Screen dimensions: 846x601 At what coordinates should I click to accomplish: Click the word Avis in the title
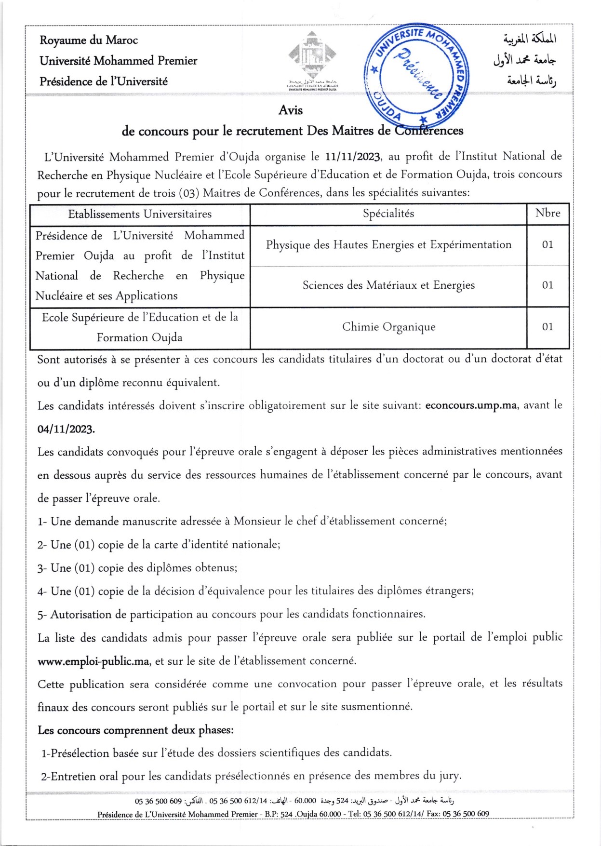(x=291, y=110)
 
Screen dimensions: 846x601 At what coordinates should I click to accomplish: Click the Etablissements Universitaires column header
(x=140, y=214)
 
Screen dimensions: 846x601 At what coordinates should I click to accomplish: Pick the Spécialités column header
(x=388, y=214)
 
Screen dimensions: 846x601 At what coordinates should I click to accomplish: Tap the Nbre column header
(x=548, y=213)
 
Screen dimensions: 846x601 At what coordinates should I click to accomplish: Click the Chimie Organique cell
(x=388, y=327)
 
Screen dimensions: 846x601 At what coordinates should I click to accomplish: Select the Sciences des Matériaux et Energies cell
(x=388, y=285)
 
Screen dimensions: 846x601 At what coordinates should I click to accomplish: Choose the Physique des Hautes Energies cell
(x=388, y=245)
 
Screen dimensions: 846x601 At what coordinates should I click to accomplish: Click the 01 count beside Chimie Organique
(x=548, y=327)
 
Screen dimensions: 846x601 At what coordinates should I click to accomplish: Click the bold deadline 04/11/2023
(x=66, y=429)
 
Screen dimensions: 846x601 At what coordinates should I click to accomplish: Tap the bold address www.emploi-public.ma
(x=93, y=661)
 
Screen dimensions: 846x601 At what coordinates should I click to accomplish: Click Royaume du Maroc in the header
(x=89, y=40)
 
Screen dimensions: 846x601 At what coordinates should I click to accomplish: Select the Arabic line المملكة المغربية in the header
(x=530, y=39)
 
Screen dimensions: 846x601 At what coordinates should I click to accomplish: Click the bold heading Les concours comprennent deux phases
(x=135, y=730)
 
